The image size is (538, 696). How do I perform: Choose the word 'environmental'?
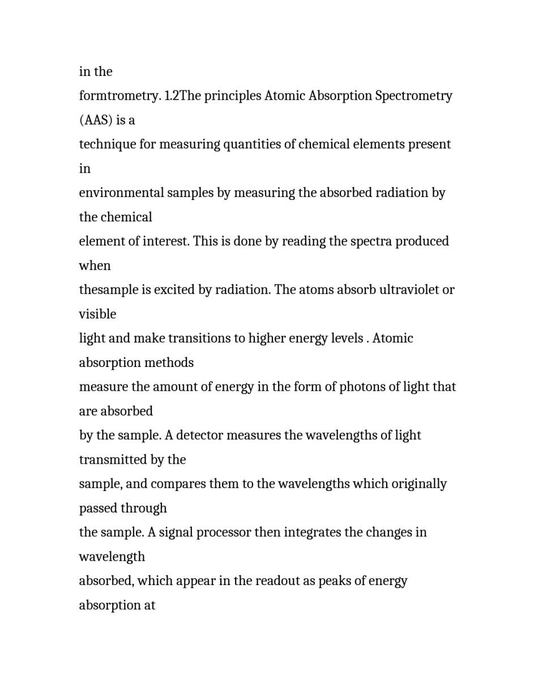(x=121, y=193)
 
